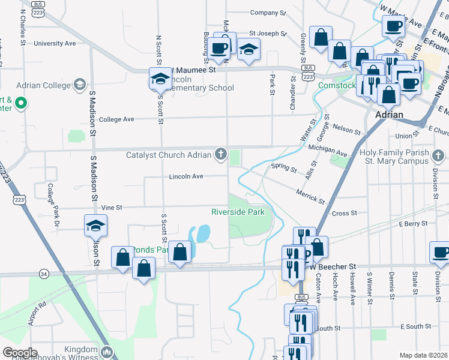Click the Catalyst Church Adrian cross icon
[221, 155]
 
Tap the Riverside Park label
[238, 212]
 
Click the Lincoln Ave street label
[186, 176]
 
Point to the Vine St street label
[112, 208]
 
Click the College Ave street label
[116, 119]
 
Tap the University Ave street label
[55, 43]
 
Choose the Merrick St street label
[310, 196]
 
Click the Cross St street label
[345, 213]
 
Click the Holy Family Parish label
[394, 153]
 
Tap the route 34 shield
[44, 274]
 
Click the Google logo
[20, 352]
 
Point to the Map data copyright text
[424, 355]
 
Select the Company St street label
[268, 13]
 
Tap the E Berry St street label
[412, 223]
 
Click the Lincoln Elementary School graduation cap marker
[160, 79]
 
